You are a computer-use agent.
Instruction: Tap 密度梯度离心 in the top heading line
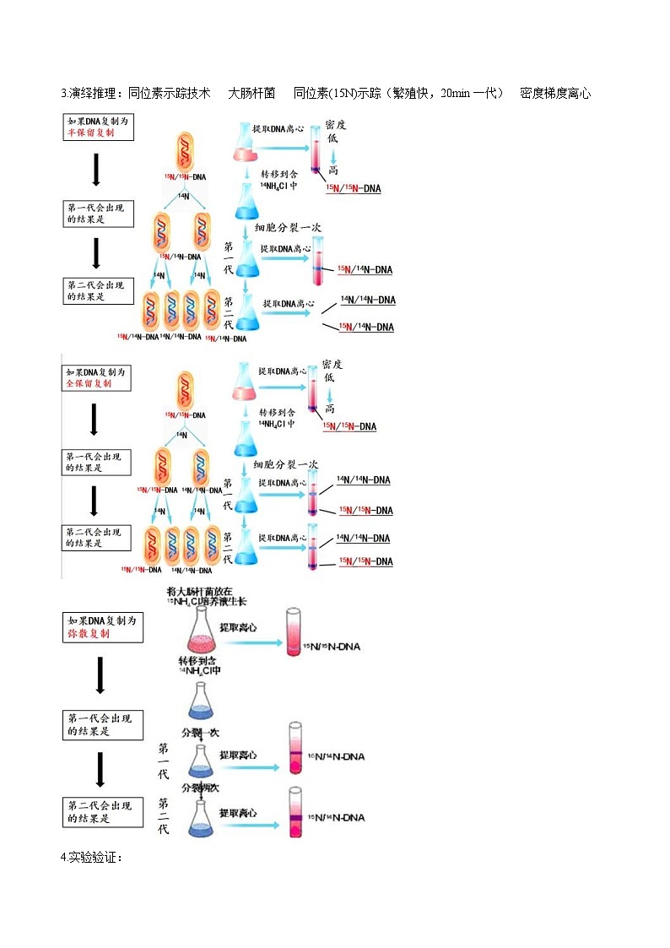point(555,93)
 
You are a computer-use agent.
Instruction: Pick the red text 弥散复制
point(89,634)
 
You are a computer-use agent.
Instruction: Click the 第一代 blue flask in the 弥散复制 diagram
point(200,760)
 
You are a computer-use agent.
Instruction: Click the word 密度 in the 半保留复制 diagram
point(336,124)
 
